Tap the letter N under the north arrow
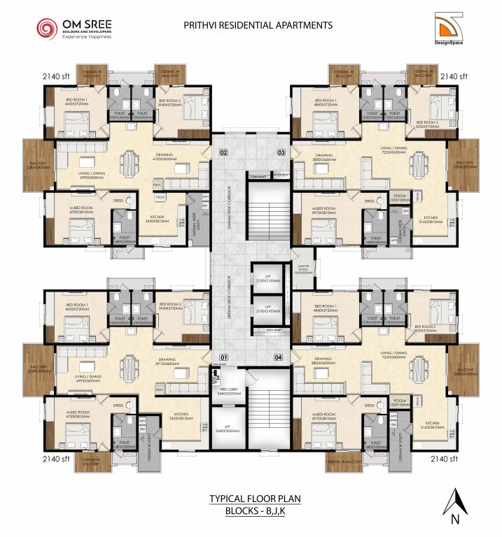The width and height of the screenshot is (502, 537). point(455,520)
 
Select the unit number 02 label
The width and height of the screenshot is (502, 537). point(224,152)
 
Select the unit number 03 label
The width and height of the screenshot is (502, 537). point(281,152)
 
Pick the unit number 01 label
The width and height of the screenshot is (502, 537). point(224,357)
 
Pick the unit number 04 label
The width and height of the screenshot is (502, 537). point(279,357)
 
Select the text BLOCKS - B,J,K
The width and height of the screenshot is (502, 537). point(251,512)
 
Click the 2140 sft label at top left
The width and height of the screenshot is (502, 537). point(55,76)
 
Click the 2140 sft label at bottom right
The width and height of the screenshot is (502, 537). point(444,459)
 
